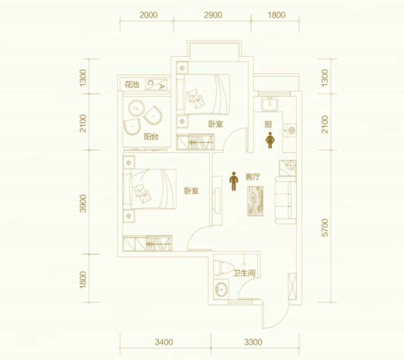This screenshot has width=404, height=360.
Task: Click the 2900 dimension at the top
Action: [213, 15]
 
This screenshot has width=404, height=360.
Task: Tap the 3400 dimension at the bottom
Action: [163, 342]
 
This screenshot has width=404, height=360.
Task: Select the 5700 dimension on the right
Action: [325, 228]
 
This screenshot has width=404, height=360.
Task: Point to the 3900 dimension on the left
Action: [83, 203]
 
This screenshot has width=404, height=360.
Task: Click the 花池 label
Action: [132, 84]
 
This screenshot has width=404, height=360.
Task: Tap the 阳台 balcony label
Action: [151, 136]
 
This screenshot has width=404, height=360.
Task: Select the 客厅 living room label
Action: [252, 177]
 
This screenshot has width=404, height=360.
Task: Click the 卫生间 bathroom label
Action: [244, 273]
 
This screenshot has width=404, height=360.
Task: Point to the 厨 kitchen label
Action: [268, 124]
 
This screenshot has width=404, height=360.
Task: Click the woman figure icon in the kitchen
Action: [270, 140]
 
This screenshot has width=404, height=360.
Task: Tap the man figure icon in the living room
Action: [234, 181]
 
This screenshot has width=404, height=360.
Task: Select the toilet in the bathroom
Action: [223, 268]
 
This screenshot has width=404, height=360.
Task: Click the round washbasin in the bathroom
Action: [221, 290]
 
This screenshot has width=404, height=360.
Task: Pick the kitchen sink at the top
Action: [269, 104]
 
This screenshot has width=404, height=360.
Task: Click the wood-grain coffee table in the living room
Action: [255, 201]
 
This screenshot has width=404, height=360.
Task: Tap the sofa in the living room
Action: [285, 200]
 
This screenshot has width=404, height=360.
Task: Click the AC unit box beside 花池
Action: [156, 84]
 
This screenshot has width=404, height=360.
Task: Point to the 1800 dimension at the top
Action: [276, 15]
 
